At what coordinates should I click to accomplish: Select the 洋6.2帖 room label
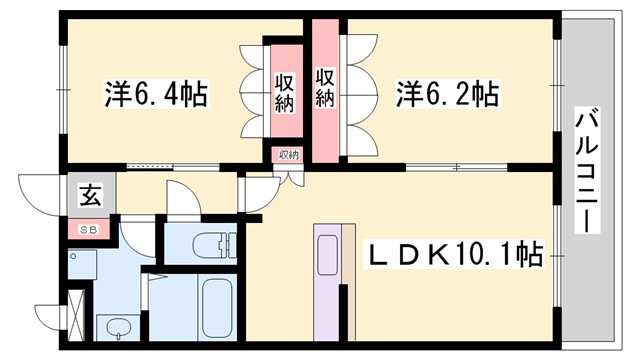[447, 95]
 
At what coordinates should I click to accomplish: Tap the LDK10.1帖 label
[458, 257]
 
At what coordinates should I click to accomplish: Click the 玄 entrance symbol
[90, 197]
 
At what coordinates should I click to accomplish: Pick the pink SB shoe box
[90, 229]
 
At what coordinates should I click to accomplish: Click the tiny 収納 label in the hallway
[289, 155]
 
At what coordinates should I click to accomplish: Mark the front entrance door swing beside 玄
[42, 192]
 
